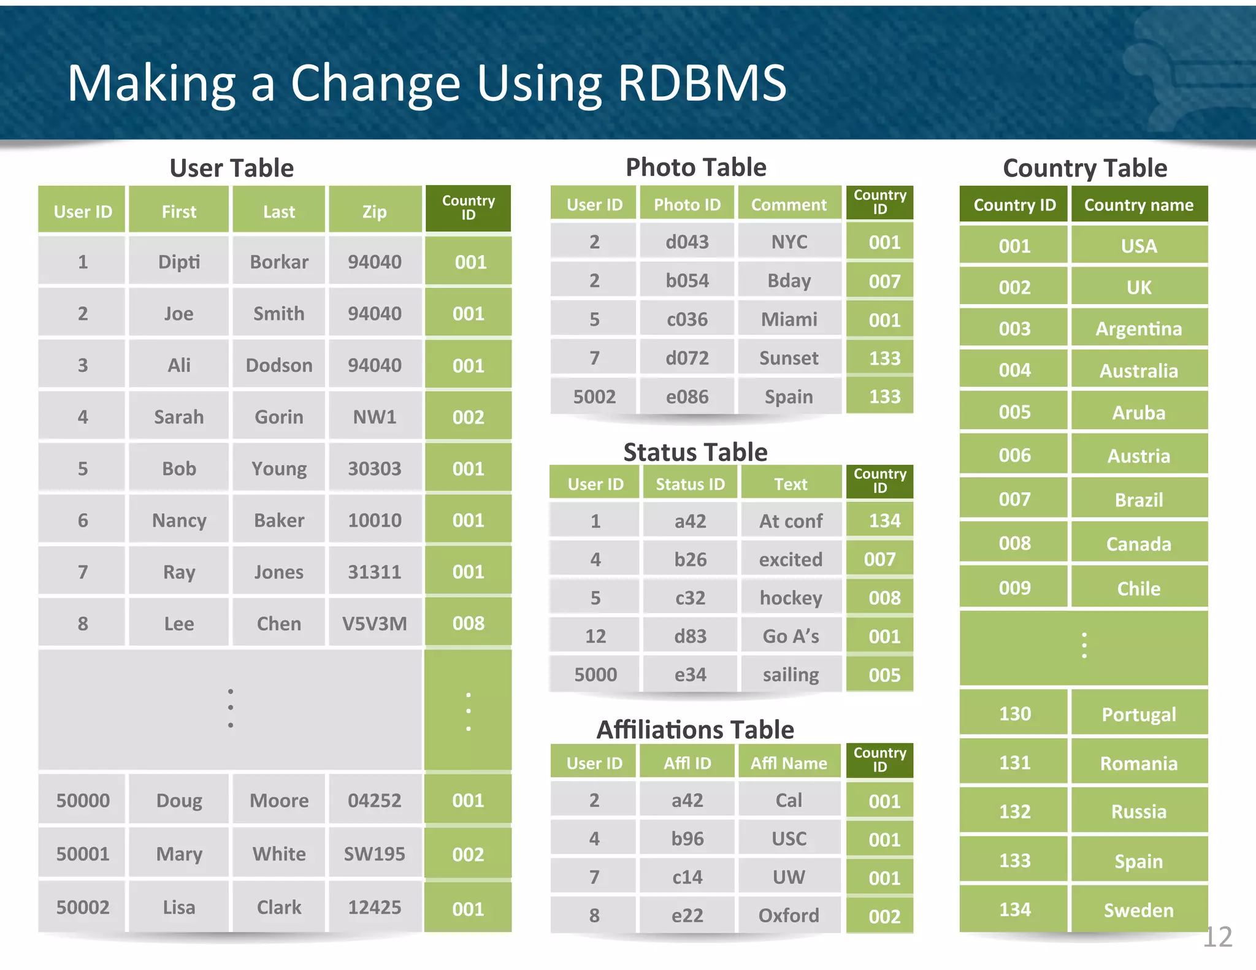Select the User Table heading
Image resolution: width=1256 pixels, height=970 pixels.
tap(231, 168)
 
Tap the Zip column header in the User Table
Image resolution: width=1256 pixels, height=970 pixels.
tap(374, 212)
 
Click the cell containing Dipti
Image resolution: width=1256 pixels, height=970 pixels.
tap(178, 262)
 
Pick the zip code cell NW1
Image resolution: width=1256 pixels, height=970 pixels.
tap(374, 417)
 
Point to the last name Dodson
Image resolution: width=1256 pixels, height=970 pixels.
tap(278, 365)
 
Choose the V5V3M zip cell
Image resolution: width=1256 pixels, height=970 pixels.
tap(374, 624)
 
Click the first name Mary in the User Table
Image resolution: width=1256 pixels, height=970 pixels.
tap(178, 854)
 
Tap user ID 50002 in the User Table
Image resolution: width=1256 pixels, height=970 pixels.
tap(83, 907)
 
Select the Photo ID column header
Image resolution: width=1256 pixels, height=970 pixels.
tap(687, 205)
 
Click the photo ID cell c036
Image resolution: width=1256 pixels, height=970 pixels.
tap(687, 319)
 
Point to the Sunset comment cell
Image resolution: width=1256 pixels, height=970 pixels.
tap(789, 358)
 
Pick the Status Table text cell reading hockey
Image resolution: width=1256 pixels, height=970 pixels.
tap(791, 598)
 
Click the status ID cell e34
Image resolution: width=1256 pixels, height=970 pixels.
tap(690, 674)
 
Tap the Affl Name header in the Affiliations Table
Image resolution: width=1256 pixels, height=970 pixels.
tap(789, 763)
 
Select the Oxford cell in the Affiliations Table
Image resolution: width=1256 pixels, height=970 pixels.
tap(789, 915)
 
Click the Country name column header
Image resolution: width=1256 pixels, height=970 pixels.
tap(1138, 205)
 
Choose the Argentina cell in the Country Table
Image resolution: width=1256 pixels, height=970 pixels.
tap(1138, 329)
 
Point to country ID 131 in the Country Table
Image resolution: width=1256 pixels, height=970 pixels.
tap(1014, 763)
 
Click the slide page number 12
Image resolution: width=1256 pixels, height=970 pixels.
tap(1217, 937)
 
